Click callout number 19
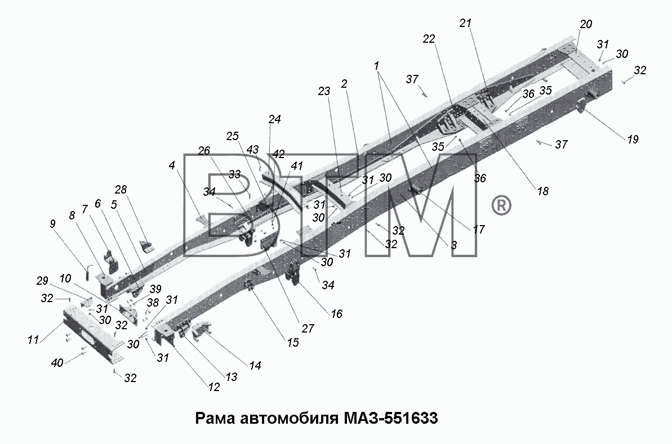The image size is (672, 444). (x=633, y=139)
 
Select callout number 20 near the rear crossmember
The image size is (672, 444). (x=586, y=24)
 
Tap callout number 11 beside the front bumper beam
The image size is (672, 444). (x=33, y=340)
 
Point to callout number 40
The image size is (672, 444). (x=57, y=363)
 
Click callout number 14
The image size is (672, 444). (x=255, y=366)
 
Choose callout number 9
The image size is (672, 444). (x=53, y=224)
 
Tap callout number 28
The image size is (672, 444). (x=121, y=190)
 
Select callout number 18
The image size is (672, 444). (x=542, y=191)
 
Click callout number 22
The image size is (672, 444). (x=429, y=39)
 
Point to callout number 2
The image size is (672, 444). (x=344, y=84)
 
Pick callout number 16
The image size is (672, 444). (x=336, y=314)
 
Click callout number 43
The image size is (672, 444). (x=252, y=150)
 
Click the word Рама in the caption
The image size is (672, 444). (x=215, y=418)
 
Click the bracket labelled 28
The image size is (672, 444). (x=146, y=246)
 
